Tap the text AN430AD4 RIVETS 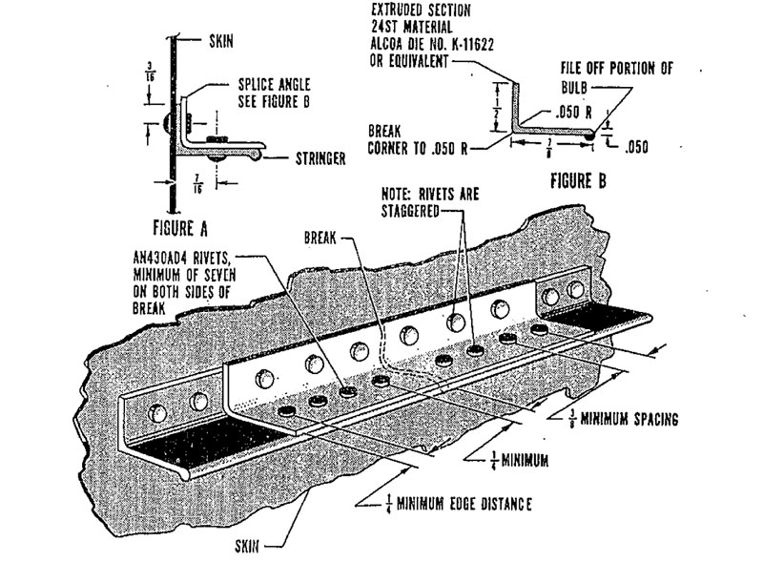[195, 256]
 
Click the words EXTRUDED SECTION [415, 10]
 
